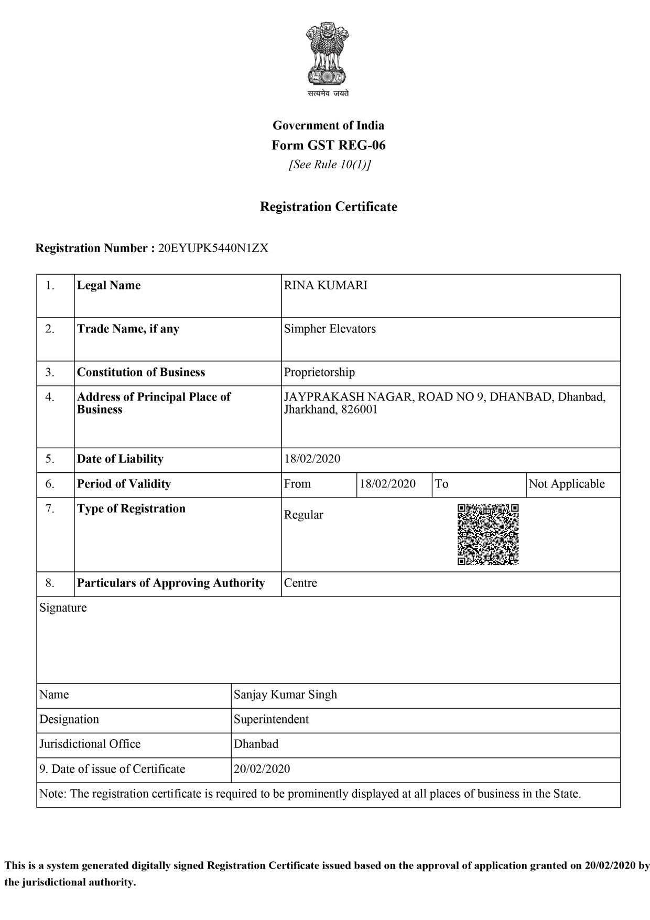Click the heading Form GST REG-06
click(328, 145)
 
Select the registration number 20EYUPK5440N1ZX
click(213, 248)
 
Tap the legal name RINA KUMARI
click(326, 286)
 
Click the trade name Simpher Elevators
click(330, 329)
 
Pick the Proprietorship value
click(319, 373)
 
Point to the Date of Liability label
click(120, 459)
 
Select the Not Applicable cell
click(567, 484)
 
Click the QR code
click(488, 534)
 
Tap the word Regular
click(304, 515)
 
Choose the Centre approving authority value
click(300, 583)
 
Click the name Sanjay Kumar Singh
click(285, 695)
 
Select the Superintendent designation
click(271, 720)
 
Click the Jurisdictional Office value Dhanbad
click(256, 744)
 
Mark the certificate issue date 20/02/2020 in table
click(262, 770)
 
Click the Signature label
click(63, 608)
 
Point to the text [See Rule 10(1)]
click(330, 165)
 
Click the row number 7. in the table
click(50, 509)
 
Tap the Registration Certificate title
click(328, 207)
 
